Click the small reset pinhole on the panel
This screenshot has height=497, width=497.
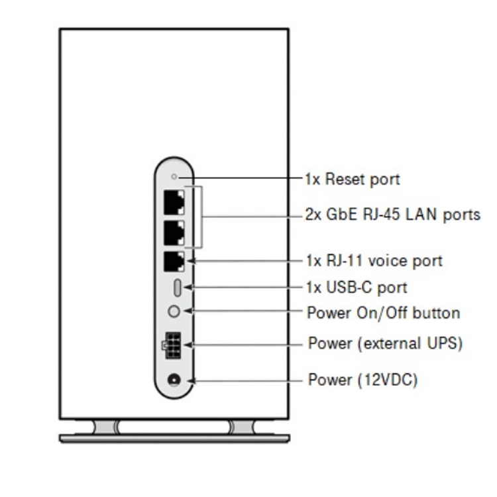click(x=174, y=177)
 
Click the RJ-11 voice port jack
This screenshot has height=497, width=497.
click(x=174, y=262)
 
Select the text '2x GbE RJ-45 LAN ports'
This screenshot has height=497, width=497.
click(x=393, y=215)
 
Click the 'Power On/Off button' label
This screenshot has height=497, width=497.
click(x=384, y=311)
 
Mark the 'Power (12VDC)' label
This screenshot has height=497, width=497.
click(x=363, y=380)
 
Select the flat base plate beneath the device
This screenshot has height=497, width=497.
click(x=174, y=438)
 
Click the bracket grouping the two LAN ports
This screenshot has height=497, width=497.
click(x=201, y=216)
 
